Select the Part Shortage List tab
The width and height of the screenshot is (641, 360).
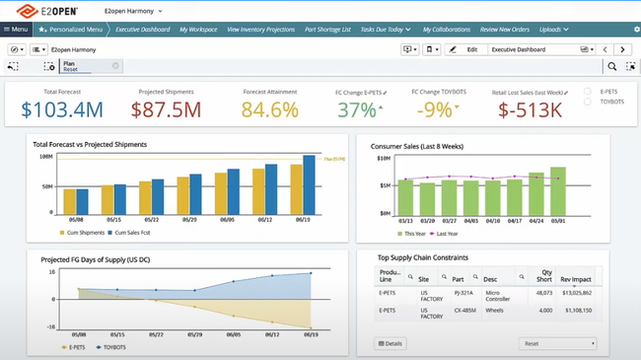(x=328, y=30)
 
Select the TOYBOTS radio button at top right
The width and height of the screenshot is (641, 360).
(x=588, y=101)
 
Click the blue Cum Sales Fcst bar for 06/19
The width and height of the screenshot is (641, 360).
(x=309, y=187)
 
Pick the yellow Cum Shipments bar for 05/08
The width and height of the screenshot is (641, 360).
(x=65, y=205)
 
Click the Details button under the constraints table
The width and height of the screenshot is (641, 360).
(x=392, y=343)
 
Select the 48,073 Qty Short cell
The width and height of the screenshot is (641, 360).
(x=543, y=293)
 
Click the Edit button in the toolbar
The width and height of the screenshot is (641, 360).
(x=466, y=48)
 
